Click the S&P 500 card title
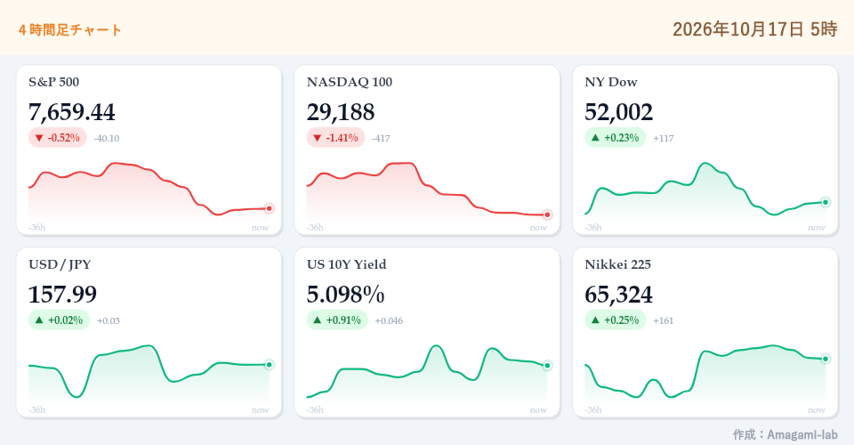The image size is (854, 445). [54, 82]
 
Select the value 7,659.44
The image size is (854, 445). [71, 112]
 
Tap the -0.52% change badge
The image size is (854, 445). [58, 138]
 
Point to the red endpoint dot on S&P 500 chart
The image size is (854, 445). [269, 208]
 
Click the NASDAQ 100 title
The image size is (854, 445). [349, 82]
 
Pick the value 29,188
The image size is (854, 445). [341, 112]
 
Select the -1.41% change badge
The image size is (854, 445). [335, 138]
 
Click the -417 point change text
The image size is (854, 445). [382, 138]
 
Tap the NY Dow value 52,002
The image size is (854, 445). [619, 112]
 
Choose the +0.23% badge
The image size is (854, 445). [616, 138]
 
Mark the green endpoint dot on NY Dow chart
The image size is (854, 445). [826, 203]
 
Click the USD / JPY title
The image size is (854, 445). [60, 264]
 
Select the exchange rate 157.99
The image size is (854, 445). [62, 295]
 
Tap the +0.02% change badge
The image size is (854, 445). [59, 320]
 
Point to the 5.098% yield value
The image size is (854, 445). [345, 295]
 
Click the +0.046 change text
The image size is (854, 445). [389, 320]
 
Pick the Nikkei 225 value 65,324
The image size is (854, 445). [619, 295]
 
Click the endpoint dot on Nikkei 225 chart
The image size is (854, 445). [826, 359]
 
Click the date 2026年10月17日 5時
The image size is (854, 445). [755, 28]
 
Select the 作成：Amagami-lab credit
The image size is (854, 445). [785, 434]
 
